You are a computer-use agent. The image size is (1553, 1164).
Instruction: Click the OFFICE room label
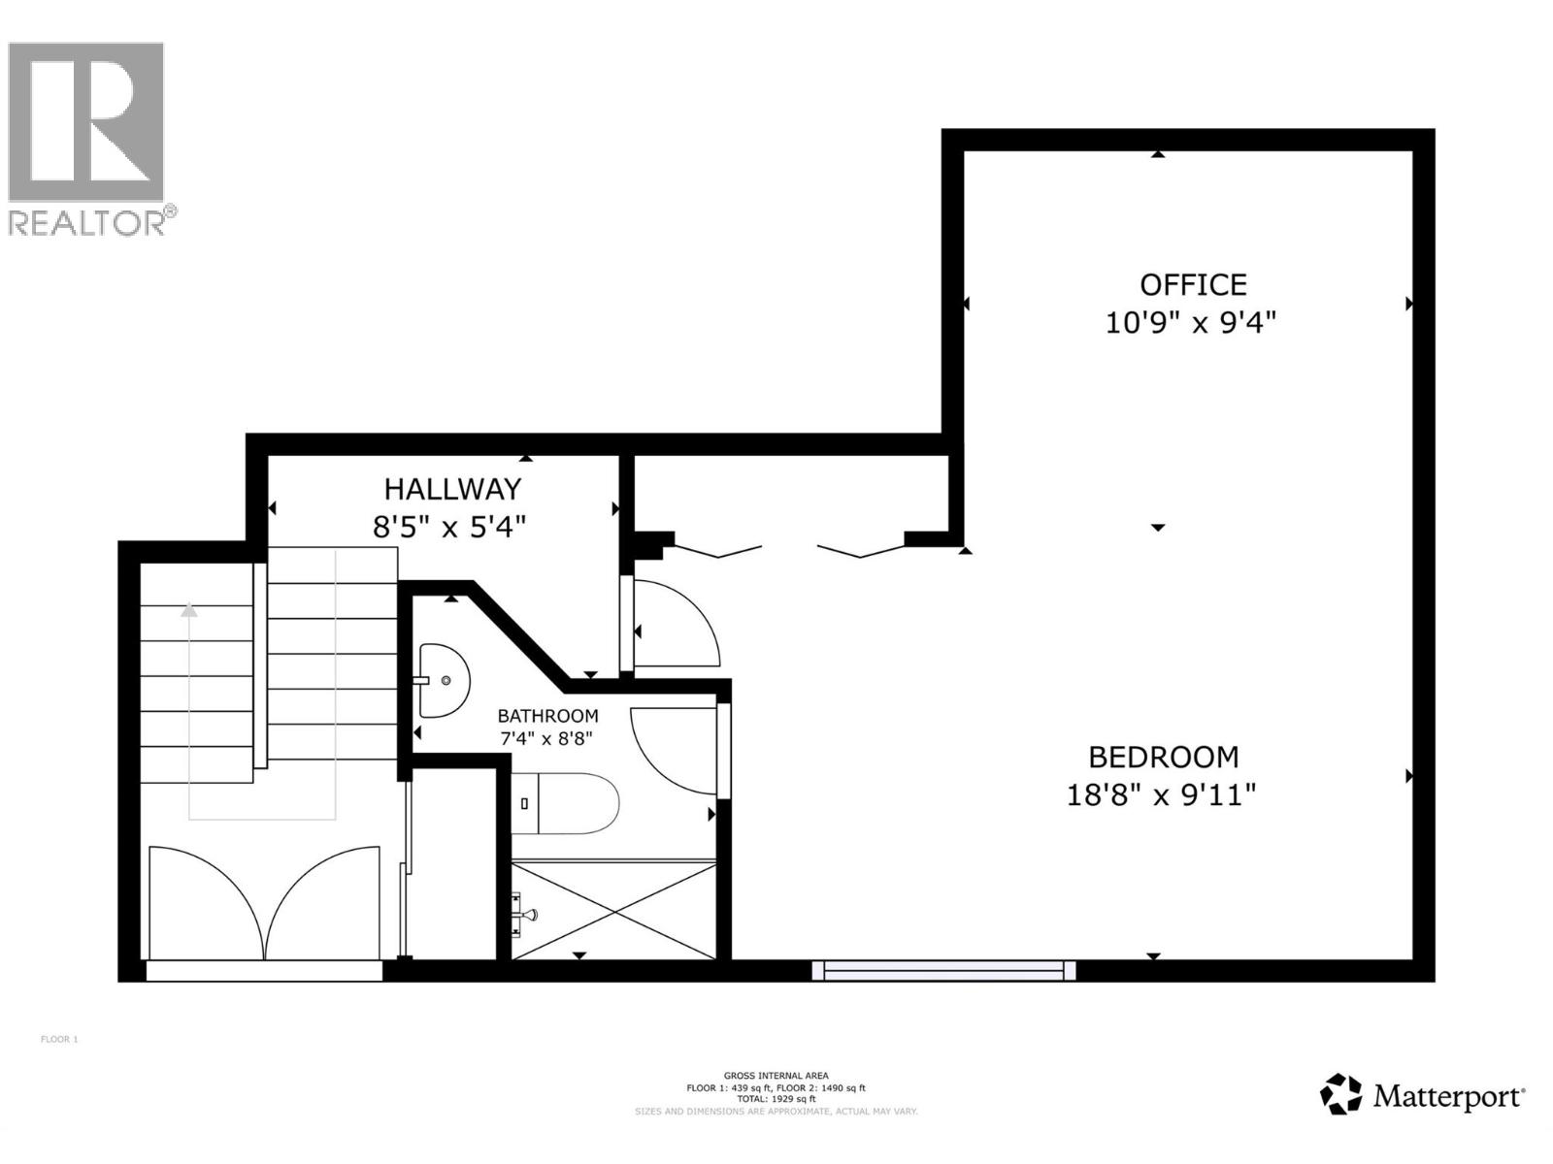click(x=1192, y=284)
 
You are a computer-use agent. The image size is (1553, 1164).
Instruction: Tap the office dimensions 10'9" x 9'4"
click(x=1190, y=323)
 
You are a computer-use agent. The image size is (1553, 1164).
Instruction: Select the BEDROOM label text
click(x=1163, y=757)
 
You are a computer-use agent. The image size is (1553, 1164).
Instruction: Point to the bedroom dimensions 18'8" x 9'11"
click(x=1161, y=795)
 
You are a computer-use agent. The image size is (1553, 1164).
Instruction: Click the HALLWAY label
click(x=452, y=489)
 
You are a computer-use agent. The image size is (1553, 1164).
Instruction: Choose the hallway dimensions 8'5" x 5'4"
click(x=449, y=528)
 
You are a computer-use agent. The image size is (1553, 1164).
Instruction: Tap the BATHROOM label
click(x=547, y=716)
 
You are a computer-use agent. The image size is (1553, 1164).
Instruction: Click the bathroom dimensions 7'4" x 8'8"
click(x=545, y=738)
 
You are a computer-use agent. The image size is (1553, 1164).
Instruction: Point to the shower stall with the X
click(x=614, y=910)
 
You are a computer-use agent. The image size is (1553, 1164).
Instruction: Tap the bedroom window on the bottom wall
click(x=943, y=970)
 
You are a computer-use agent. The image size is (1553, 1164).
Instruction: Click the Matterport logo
click(x=1422, y=1096)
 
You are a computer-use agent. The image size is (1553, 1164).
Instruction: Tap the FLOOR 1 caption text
click(x=59, y=1040)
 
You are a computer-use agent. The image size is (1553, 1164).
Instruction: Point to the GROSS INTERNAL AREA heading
click(x=776, y=1075)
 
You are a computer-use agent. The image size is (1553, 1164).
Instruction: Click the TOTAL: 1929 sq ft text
click(x=776, y=1099)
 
